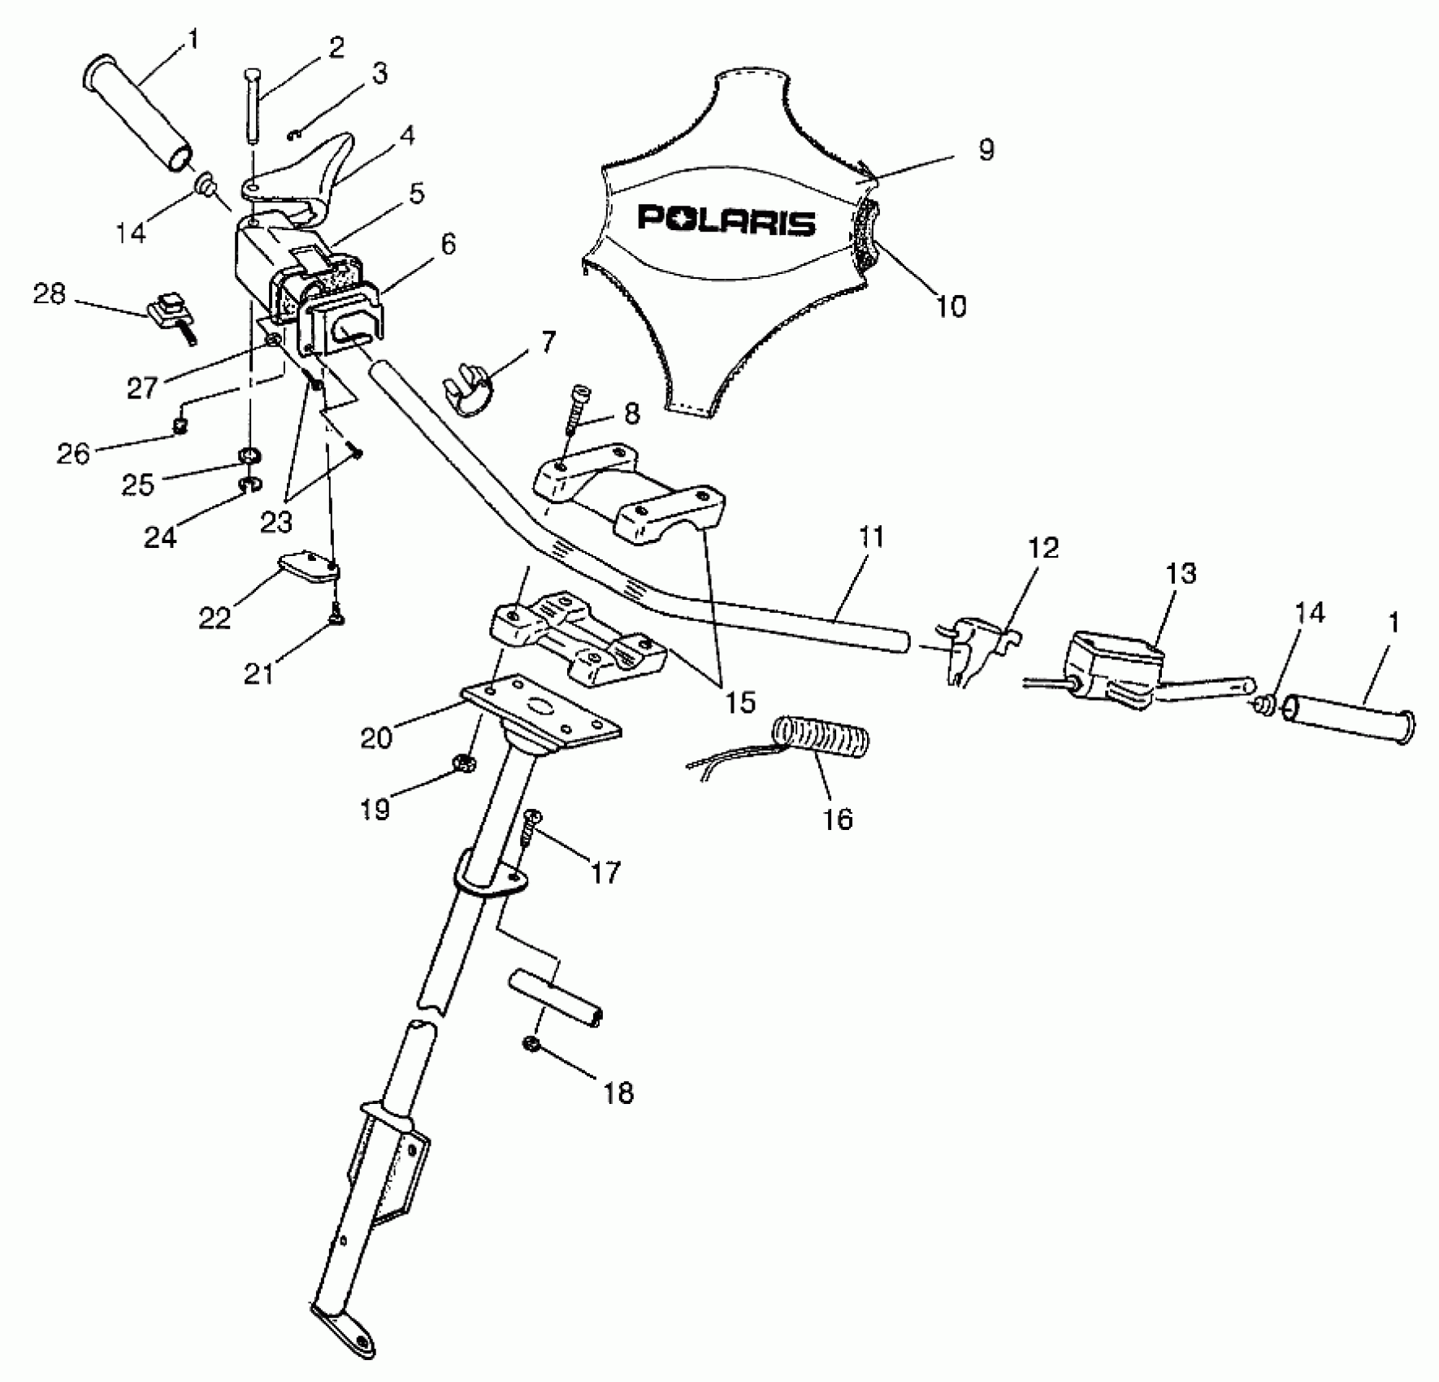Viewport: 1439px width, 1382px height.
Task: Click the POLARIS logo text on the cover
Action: click(726, 220)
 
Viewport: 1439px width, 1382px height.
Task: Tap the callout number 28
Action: click(49, 294)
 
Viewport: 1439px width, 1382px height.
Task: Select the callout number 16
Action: click(838, 819)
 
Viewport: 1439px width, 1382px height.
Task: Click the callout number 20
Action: click(376, 737)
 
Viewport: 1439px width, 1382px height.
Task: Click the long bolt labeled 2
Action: click(251, 106)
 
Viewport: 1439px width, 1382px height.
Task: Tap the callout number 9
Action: click(986, 150)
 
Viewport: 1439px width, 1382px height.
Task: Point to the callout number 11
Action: click(869, 538)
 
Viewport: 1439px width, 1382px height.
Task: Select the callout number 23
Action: click(276, 521)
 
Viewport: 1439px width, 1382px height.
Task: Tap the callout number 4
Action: click(406, 136)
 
